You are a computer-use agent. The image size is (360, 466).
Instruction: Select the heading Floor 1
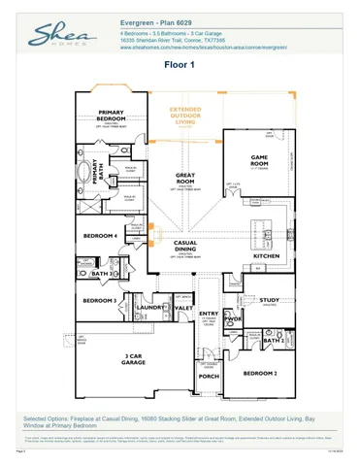tap(180, 65)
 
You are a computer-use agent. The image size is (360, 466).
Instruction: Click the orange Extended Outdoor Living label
tap(189, 116)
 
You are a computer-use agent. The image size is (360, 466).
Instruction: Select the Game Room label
tap(260, 158)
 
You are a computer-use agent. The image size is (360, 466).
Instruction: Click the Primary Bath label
tap(96, 171)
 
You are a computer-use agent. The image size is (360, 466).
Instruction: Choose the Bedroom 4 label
tap(100, 236)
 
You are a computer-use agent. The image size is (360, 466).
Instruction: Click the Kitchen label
tap(266, 256)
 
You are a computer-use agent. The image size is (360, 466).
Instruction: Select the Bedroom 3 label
tap(99, 301)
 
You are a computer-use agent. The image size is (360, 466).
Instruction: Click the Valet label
tap(182, 308)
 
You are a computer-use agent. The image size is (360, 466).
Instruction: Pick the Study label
tap(269, 301)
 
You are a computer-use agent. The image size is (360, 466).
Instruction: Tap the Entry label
tap(209, 314)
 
